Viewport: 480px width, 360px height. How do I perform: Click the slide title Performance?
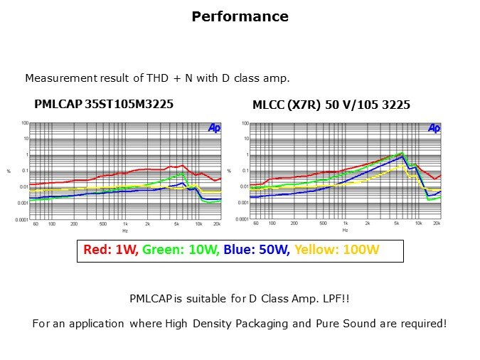click(240, 16)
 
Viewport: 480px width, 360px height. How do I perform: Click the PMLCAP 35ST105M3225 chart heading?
click(104, 105)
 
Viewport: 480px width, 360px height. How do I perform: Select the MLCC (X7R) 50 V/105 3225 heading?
click(331, 105)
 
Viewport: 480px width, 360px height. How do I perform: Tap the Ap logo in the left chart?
click(214, 128)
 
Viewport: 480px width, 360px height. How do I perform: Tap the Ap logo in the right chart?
click(434, 128)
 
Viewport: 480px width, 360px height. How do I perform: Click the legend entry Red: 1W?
click(111, 250)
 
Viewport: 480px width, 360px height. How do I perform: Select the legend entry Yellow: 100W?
click(337, 250)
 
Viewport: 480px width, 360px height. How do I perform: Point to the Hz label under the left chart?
click(125, 231)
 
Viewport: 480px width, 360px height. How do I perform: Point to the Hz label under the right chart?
click(345, 231)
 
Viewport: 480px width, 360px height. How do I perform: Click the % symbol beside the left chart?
click(9, 171)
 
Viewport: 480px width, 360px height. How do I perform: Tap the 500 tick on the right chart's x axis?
click(323, 223)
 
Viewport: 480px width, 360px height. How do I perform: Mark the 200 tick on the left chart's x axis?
click(74, 223)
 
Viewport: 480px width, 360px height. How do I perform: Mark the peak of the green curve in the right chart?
click(402, 152)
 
